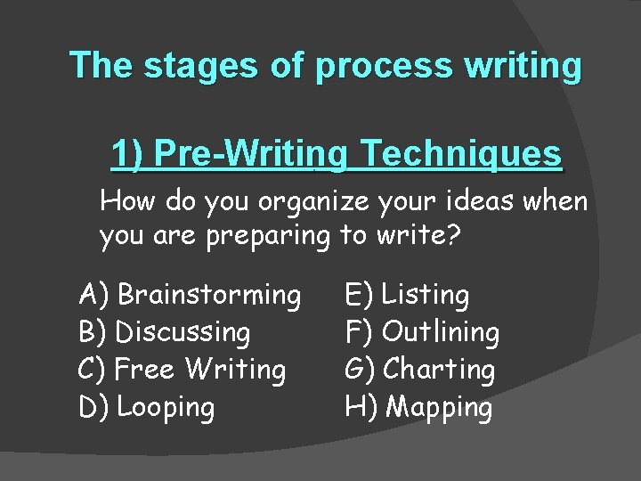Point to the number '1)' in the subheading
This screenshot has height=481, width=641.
pos(127,154)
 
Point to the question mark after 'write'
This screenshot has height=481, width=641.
pos(456,237)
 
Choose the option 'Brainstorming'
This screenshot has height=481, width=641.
pos(208,294)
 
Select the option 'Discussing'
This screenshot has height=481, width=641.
pos(183,332)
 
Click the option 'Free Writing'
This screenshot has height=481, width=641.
pos(201,370)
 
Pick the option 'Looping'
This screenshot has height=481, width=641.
pos(166,408)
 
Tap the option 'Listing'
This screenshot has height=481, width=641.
pos(426,294)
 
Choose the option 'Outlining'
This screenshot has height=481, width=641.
pos(441,332)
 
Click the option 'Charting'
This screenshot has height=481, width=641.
pos(439,370)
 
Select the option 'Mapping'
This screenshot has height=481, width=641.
pos(440,408)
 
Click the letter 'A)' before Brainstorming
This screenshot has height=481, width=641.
pos(93,294)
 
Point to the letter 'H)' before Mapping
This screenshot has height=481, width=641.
pos(361,408)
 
